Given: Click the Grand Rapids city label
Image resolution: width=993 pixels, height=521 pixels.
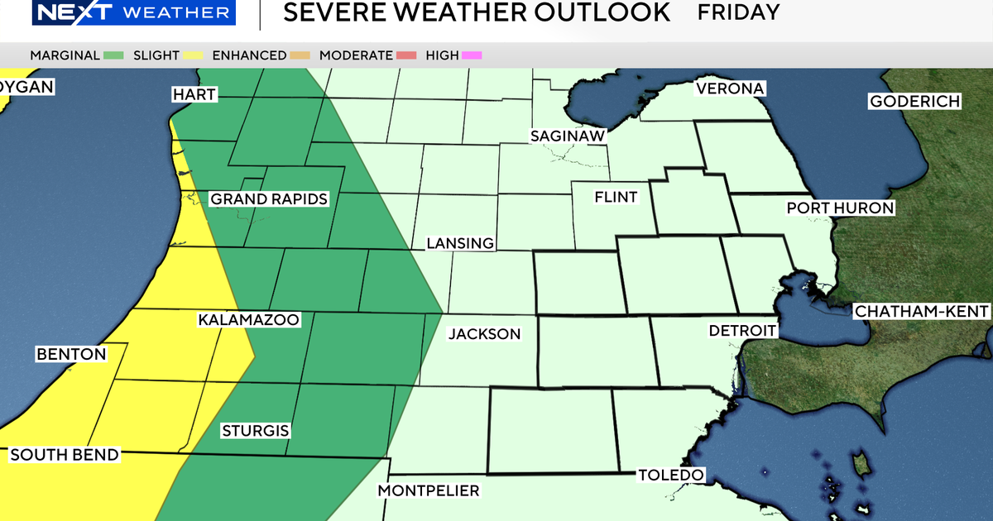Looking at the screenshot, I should tap(269, 199).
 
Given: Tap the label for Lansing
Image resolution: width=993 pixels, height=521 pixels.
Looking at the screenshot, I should tap(460, 243).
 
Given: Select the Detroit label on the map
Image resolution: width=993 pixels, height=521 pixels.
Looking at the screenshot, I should tap(742, 331).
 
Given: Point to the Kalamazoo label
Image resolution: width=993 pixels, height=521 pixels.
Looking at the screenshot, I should tap(248, 319).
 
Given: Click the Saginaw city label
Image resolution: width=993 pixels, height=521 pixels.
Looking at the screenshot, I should tap(568, 136).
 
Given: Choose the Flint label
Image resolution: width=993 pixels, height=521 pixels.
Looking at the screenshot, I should tap(616, 197).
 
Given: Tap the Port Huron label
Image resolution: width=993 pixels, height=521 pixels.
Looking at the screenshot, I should tap(840, 208).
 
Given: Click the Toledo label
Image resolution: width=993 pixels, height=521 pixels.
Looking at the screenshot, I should tap(670, 475).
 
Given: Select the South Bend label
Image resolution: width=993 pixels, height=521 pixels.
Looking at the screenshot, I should tap(65, 455).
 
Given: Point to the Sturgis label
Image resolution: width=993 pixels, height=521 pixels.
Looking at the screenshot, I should tap(255, 431).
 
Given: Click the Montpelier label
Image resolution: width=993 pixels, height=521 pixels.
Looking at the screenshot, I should tap(428, 491).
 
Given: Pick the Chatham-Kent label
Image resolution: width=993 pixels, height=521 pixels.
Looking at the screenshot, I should tap(921, 312).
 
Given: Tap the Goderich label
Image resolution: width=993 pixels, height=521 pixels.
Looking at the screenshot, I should tap(914, 102).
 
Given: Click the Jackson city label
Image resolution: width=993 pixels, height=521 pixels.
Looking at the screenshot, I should tap(484, 334).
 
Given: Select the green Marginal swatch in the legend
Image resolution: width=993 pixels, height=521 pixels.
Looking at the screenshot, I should tap(114, 55).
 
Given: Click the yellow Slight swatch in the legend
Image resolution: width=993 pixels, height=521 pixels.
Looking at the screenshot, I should tap(194, 55).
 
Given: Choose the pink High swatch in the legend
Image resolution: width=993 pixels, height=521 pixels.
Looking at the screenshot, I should tap(473, 55).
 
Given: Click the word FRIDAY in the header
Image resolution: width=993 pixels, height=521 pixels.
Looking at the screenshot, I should tap(738, 12).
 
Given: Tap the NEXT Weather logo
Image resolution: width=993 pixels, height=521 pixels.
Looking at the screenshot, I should tap(118, 12).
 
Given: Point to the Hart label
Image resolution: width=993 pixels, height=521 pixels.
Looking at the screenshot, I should tap(194, 94).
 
